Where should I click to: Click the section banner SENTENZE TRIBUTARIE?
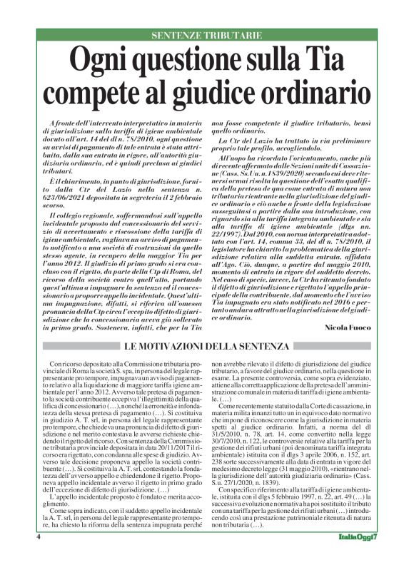tap(207, 35)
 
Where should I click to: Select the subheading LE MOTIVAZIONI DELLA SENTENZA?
tap(207, 346)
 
